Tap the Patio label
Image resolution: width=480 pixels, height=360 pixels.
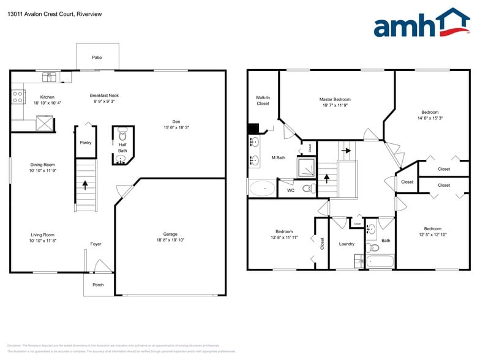(x=97, y=58)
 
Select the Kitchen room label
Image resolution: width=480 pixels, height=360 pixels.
(x=47, y=97)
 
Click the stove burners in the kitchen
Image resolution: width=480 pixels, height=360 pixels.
(x=17, y=96)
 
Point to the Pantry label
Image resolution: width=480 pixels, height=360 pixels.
(x=86, y=143)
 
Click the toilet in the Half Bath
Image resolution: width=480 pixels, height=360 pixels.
(x=122, y=133)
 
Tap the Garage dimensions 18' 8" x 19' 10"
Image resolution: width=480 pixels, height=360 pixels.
(x=170, y=240)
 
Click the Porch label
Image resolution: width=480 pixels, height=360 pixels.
(x=98, y=285)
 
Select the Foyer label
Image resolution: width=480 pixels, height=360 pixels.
(x=96, y=244)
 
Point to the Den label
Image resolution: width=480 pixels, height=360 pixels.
(x=176, y=121)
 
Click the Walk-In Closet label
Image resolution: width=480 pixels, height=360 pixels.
(x=263, y=100)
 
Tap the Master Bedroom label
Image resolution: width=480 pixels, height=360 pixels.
(x=335, y=99)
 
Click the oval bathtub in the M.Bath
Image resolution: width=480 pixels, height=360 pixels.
(x=262, y=187)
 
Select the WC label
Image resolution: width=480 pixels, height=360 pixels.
(x=291, y=190)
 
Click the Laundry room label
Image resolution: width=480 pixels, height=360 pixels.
(x=347, y=244)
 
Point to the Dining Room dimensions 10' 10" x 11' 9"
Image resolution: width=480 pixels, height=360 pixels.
(x=42, y=171)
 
